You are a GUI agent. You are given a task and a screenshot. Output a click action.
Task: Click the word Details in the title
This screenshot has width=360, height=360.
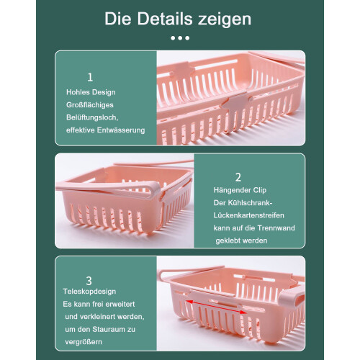(x=165, y=19)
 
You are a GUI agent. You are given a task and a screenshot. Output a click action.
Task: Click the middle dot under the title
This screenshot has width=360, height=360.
(x=180, y=38)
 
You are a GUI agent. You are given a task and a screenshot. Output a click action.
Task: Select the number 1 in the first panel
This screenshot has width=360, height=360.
(x=90, y=77)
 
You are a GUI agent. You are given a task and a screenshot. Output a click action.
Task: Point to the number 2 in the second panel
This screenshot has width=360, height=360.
(x=238, y=177)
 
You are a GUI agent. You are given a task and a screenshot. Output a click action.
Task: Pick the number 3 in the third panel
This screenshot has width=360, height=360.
(x=89, y=281)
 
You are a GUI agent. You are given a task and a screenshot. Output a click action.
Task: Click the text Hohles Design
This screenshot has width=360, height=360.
(x=91, y=92)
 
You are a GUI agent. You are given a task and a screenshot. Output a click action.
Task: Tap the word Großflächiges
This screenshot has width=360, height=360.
(x=90, y=105)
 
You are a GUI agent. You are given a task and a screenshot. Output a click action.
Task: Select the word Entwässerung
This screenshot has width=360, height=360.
(x=121, y=130)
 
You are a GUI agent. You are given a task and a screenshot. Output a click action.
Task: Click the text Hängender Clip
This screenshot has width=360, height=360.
(x=240, y=190)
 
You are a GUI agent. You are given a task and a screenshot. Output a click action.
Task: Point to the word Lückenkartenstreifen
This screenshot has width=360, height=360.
(x=248, y=215)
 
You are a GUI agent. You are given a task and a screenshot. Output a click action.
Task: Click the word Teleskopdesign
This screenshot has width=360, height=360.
(x=89, y=292)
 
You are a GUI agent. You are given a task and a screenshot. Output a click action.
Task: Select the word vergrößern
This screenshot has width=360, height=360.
(x=84, y=342)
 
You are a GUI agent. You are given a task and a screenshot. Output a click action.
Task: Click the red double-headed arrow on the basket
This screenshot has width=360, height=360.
(x=216, y=307)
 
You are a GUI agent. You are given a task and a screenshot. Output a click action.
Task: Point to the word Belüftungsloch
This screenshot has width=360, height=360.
(x=92, y=117)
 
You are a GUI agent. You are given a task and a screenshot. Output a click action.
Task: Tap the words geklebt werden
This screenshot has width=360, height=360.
(x=241, y=240)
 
